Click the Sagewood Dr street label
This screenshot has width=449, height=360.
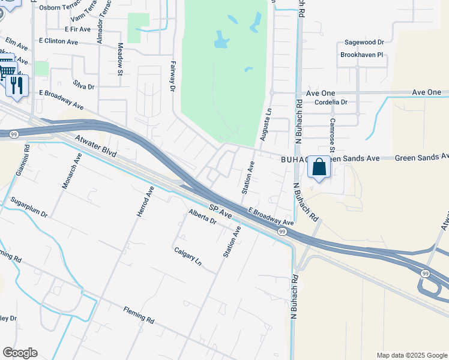pyautogui.click(x=364, y=43)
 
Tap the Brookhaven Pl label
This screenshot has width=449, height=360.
pyautogui.click(x=363, y=55)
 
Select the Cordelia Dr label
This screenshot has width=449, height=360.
pyautogui.click(x=331, y=102)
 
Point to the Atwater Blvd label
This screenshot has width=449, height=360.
pyautogui.click(x=94, y=146)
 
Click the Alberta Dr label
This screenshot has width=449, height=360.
pyautogui.click(x=202, y=217)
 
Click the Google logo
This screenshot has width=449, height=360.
pyautogui.click(x=20, y=353)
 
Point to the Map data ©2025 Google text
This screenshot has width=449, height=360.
pyautogui.click(x=411, y=355)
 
